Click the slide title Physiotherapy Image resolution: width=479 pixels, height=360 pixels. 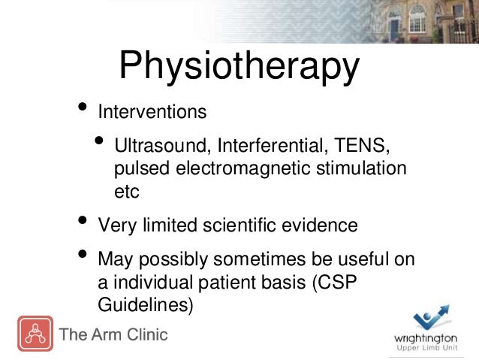(239, 67)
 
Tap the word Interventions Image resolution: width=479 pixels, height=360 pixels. (152, 113)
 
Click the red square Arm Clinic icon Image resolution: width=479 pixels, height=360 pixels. (35, 334)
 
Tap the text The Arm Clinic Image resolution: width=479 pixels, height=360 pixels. (114, 334)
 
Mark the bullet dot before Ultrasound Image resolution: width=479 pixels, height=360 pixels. (101, 142)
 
